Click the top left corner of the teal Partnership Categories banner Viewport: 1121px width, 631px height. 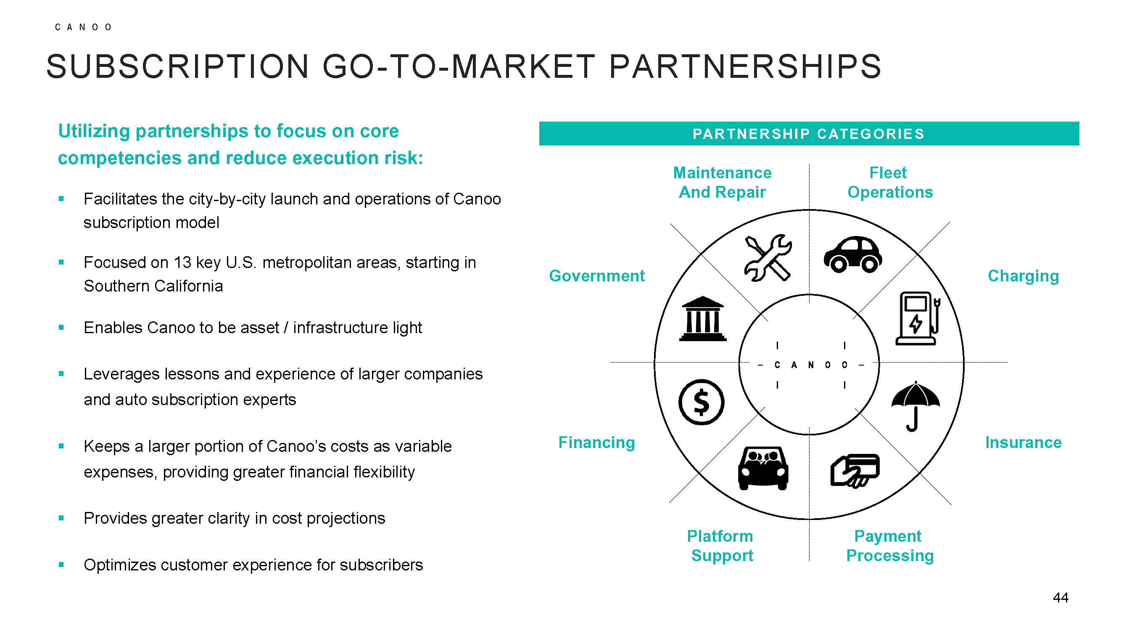539,122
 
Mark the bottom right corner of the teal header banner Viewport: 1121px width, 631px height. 1079,146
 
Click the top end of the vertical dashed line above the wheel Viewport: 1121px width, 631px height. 810,164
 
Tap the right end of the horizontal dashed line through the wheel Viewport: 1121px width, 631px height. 1008,362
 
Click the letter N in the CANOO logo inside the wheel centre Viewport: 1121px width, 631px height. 811,365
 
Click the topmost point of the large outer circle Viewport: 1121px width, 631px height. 810,210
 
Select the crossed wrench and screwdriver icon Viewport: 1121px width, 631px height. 768,258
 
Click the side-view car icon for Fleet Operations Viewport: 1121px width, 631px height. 853,255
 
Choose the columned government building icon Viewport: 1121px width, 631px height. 703,318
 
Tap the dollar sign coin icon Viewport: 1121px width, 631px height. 702,402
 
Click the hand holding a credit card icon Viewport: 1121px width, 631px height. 855,470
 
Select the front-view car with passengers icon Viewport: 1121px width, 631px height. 763,469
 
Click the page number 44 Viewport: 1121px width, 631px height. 1060,597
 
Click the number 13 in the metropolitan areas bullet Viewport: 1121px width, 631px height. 182,262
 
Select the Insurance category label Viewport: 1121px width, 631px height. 1023,443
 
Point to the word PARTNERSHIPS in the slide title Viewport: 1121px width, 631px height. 745,66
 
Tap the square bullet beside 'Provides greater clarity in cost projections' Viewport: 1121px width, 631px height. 61,518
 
